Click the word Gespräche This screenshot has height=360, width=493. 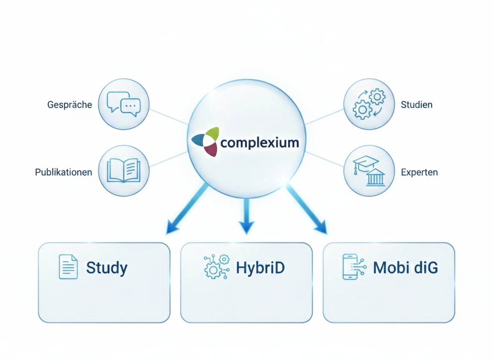(x=70, y=104)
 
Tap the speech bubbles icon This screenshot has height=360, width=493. (x=124, y=102)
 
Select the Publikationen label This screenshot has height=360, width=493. (x=64, y=172)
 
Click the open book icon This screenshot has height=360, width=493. (x=124, y=170)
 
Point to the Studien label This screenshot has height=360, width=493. (x=416, y=104)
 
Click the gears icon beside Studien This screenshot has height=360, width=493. (x=369, y=104)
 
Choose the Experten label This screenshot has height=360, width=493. (x=419, y=172)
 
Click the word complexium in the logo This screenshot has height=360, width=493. (x=260, y=143)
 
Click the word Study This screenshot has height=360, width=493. (x=107, y=267)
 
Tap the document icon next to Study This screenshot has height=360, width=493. (x=68, y=267)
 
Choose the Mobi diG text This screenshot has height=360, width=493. (x=406, y=267)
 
